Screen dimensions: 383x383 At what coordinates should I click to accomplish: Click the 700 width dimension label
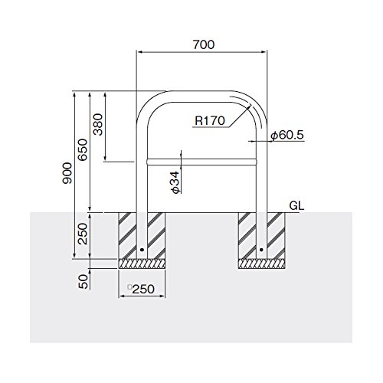pos(204,44)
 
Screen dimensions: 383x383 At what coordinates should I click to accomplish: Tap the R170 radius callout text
pos(210,120)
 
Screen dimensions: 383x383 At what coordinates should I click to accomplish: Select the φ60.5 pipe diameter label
pos(287,135)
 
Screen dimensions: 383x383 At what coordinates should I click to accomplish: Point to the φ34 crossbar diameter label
pos(175,182)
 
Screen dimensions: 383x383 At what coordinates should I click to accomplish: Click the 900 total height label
pos(67,173)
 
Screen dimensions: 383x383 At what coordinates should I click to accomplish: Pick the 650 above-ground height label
pos(83,149)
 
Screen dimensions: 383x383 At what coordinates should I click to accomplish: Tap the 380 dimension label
pos(98,124)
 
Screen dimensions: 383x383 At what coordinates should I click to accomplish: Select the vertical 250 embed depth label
pos(83,234)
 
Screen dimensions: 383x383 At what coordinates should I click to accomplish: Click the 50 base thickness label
pos(83,281)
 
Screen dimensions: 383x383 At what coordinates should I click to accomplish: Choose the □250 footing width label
pos(141,289)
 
